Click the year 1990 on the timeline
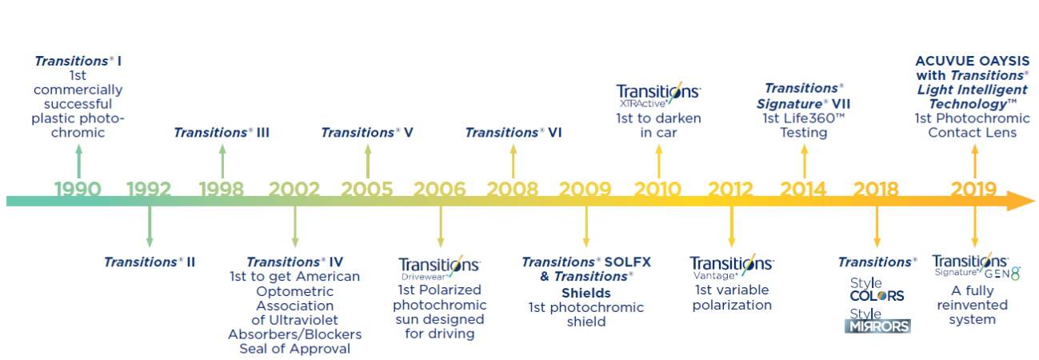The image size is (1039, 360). coord(78,189)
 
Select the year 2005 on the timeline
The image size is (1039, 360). coord(367,189)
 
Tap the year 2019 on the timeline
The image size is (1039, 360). coord(973,189)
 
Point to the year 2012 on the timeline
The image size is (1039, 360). coord(730,189)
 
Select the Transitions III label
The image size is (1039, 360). coord(222,133)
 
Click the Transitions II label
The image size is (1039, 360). coord(150,262)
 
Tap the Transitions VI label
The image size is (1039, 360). coord(514,133)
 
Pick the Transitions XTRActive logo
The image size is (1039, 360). coord(658,95)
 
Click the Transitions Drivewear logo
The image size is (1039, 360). coord(440,268)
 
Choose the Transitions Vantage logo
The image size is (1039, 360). coord(732,266)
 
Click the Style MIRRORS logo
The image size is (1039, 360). coord(877,321)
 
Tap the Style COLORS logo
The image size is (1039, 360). coord(877,290)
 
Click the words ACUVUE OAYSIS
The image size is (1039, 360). coord(972,61)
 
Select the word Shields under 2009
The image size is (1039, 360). coord(586,293)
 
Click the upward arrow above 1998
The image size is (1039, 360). coord(222,161)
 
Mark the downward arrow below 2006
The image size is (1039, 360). coord(441,226)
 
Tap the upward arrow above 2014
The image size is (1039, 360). coord(805,161)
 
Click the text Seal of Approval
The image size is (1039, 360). coord(294,349)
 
